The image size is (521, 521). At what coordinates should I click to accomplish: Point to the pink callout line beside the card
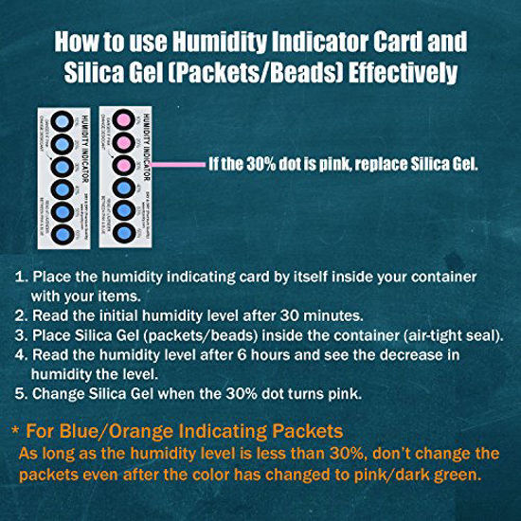click(179, 162)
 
